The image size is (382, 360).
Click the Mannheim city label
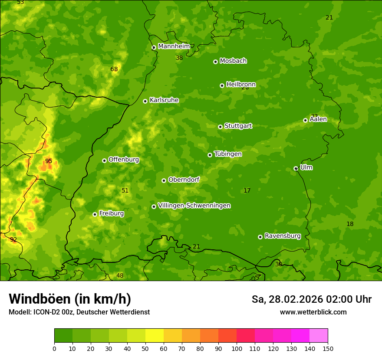point(174,46)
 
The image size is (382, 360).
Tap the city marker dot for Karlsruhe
point(145,101)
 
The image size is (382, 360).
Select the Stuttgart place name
point(238,126)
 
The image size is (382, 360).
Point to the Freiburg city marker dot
point(95,214)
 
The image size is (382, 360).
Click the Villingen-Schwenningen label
point(194,206)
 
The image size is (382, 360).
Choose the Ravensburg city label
point(282,236)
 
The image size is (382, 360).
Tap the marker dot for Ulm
point(296,168)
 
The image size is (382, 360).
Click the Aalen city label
point(318,119)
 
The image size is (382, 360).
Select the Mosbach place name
point(233,61)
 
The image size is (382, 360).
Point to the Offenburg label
point(124,160)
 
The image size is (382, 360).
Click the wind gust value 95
point(49,161)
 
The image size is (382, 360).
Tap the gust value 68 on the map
point(114,69)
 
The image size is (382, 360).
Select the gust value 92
point(13,239)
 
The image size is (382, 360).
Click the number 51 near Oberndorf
point(125,190)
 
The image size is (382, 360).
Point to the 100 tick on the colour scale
point(237,348)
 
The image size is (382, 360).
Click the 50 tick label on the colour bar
point(145,348)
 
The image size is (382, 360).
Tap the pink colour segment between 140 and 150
point(319,335)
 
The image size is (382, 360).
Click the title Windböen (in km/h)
point(70,299)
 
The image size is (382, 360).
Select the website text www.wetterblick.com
point(313,312)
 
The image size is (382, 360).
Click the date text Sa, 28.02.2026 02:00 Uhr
point(311,299)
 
